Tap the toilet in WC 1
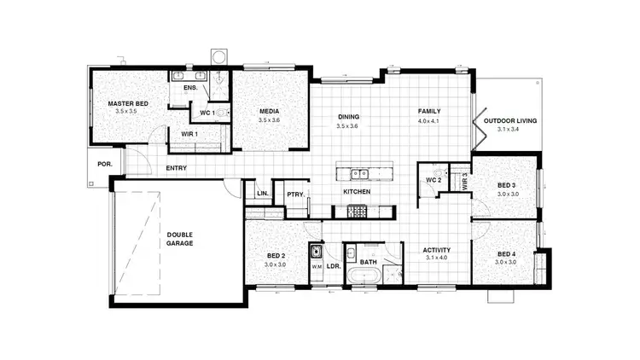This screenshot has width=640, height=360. coord(222,113)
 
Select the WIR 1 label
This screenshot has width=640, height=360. coord(189,133)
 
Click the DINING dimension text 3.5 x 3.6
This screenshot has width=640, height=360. coord(348,125)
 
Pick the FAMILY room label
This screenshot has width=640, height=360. coord(428,112)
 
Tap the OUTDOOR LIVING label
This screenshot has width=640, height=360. coord(510,121)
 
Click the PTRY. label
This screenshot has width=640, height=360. coord(296,195)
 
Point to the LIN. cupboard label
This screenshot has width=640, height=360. coord(261,195)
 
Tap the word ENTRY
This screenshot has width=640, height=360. coord(177,168)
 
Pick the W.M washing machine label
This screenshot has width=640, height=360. coord(316,266)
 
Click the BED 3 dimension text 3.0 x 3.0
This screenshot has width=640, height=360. coord(508,194)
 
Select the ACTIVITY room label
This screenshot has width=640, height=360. coord(436,250)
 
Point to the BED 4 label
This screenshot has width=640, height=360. coord(507,253)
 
